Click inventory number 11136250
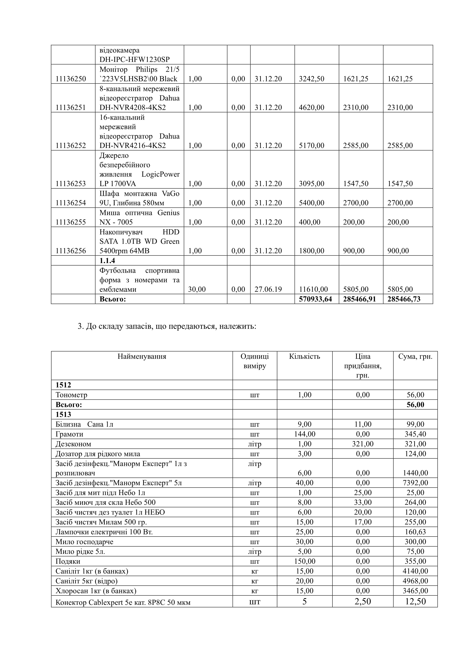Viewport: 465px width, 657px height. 70,79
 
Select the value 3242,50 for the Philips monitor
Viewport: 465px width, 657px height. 311,79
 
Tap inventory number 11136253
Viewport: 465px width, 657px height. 70,184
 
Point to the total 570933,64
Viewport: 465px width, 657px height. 315,299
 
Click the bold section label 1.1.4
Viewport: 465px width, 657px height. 107,261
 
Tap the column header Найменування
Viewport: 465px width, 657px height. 142,357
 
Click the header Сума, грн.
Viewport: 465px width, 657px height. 415,357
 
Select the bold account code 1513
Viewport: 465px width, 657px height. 63,415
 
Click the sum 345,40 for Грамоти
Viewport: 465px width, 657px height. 415,434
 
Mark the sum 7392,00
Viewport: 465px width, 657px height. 415,483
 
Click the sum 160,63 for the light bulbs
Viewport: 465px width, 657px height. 415,532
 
